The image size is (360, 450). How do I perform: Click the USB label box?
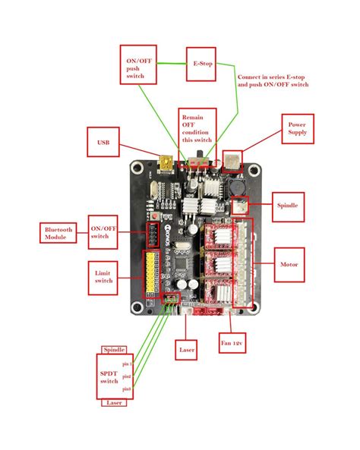[103, 142]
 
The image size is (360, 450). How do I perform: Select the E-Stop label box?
[202, 65]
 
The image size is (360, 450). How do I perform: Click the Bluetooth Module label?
[58, 233]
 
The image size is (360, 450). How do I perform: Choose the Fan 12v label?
[233, 344]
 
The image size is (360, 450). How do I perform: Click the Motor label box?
[289, 266]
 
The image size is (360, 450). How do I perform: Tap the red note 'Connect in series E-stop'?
[273, 80]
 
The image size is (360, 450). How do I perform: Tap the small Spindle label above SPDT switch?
[114, 349]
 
